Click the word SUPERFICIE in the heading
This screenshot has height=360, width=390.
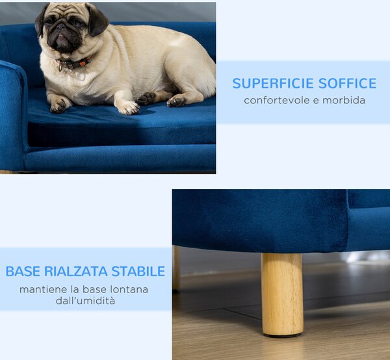click(x=274, y=83)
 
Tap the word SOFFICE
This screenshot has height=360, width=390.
click(x=348, y=83)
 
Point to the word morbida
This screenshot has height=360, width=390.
click(x=344, y=101)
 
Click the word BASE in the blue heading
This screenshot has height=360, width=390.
click(x=23, y=271)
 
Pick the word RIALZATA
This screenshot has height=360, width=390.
click(x=75, y=271)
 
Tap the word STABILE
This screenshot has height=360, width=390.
click(x=138, y=271)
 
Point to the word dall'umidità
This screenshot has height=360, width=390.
click(x=85, y=301)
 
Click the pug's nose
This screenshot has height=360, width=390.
click(x=60, y=27)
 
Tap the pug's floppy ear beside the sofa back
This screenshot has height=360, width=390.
click(x=96, y=19)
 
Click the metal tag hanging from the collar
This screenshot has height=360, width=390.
click(x=60, y=67)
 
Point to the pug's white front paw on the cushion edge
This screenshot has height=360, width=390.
click(x=129, y=108)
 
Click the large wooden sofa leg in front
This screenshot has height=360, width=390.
click(x=282, y=294)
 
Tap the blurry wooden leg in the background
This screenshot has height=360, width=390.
click(x=176, y=268)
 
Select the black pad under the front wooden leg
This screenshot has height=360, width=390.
click(x=283, y=335)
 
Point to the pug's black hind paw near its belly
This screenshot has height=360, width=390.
click(x=146, y=98)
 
